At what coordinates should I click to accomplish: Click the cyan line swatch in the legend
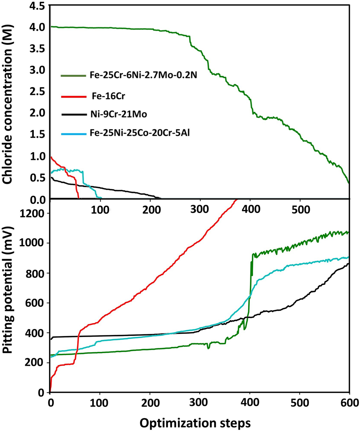coord(73,134)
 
